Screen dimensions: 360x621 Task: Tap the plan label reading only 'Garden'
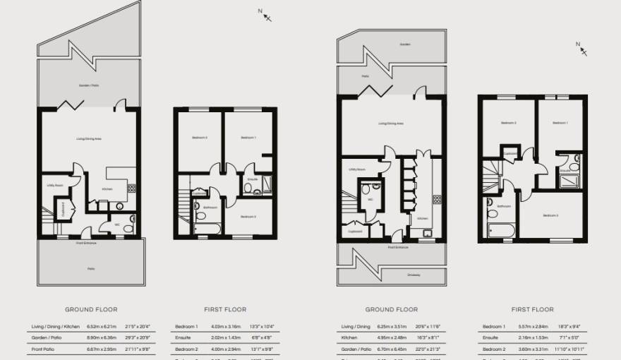click(x=404, y=44)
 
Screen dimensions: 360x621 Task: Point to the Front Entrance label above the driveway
click(x=397, y=248)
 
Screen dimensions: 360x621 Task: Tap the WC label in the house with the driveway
click(x=370, y=199)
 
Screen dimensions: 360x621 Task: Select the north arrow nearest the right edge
click(x=581, y=49)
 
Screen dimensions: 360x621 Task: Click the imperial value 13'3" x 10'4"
click(x=263, y=327)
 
